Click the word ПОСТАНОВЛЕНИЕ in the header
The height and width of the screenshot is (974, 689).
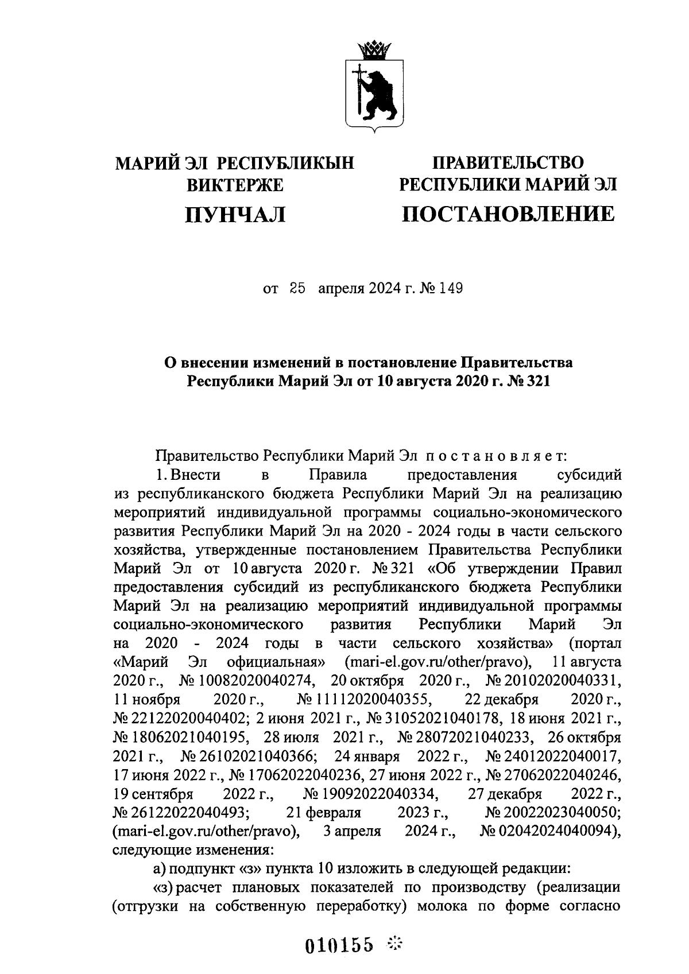tap(508, 214)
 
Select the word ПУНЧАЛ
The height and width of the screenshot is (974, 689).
tap(235, 215)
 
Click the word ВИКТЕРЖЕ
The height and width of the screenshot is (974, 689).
tap(235, 185)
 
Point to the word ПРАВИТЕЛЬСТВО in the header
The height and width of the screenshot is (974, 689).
tap(508, 163)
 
